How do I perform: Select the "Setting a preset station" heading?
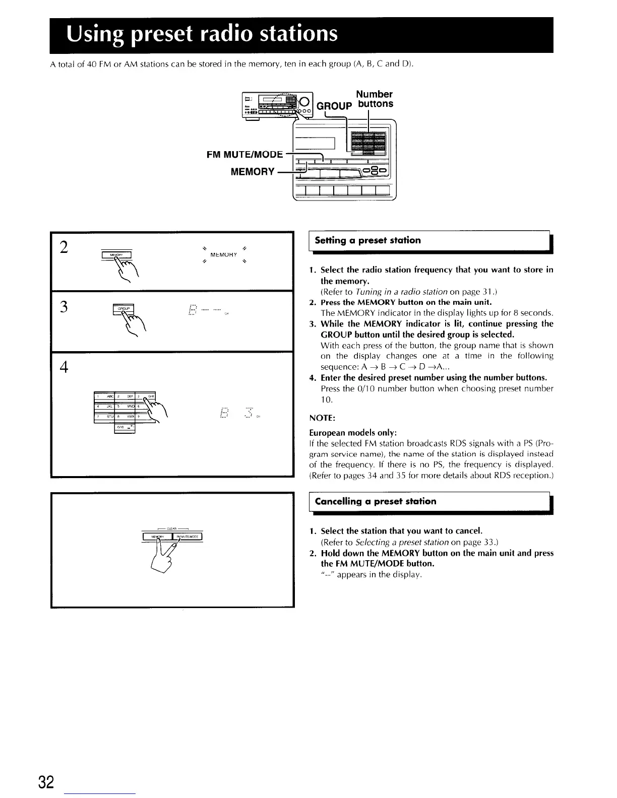(367, 240)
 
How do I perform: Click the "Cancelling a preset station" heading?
(375, 501)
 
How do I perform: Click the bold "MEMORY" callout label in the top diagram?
(252, 172)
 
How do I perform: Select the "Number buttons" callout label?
(374, 99)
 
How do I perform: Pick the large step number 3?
(64, 307)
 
